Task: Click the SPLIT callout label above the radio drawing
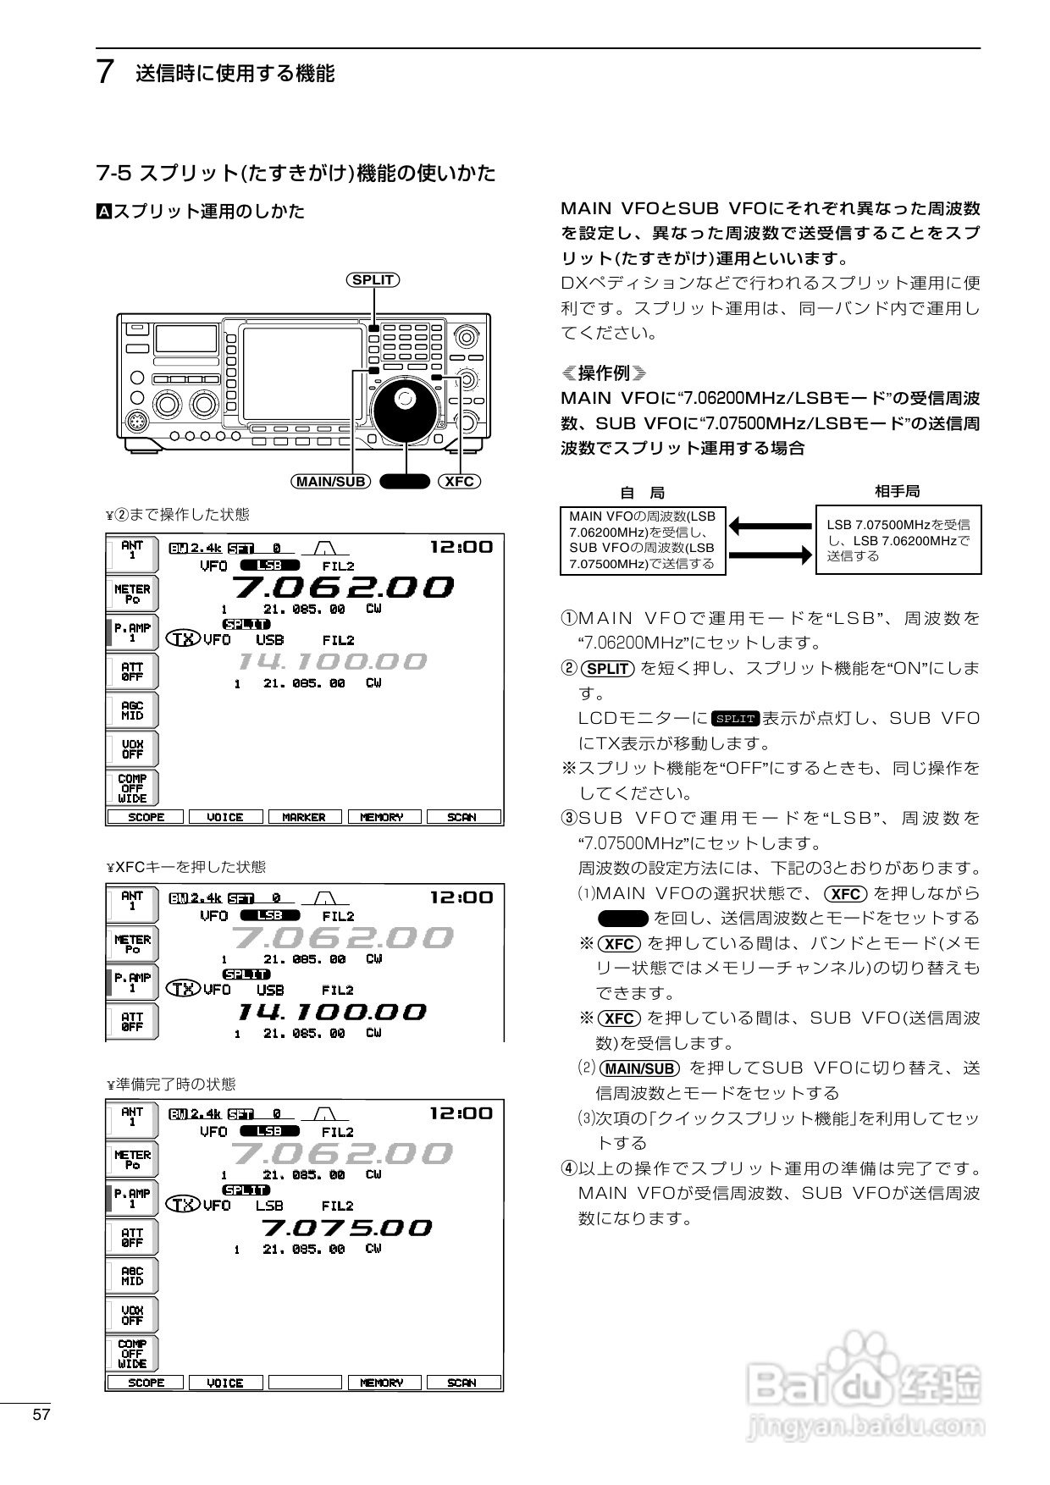click(x=373, y=280)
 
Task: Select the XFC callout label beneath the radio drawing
click(x=459, y=482)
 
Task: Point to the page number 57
click(x=41, y=1415)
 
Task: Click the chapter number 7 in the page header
click(x=106, y=73)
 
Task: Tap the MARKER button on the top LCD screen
click(x=304, y=817)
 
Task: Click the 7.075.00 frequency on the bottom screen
click(x=345, y=1228)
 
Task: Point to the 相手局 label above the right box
click(x=897, y=491)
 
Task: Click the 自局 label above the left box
click(x=643, y=493)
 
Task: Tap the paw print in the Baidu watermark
click(x=864, y=1362)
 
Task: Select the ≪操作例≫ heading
click(x=604, y=373)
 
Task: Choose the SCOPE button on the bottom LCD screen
click(x=146, y=1383)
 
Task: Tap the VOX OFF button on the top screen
click(x=132, y=749)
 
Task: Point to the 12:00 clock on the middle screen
click(x=461, y=897)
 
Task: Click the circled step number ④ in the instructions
click(x=569, y=1169)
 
